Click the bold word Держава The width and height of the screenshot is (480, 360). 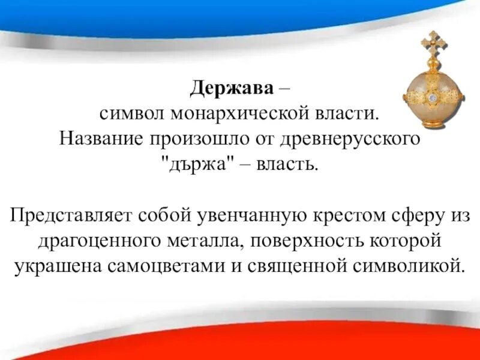tap(232, 90)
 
